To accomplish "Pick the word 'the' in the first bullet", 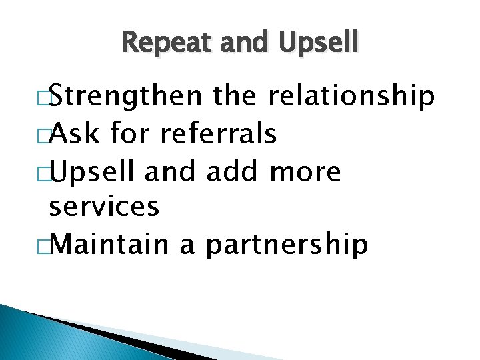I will [x=237, y=97].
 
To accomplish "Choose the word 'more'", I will [x=306, y=173].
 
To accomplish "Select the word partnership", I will [x=287, y=245].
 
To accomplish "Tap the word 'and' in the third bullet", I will [x=170, y=172].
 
